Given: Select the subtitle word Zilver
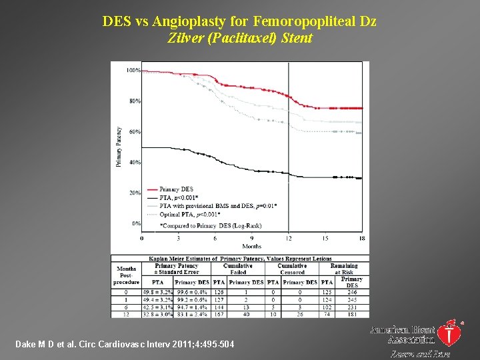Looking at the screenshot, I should coord(183,38).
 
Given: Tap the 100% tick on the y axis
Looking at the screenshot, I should coord(133,71).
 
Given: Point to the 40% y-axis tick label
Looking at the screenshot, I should coord(134,163).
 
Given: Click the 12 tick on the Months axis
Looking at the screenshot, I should coord(289,238).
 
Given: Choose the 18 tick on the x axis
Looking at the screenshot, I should coord(361,238).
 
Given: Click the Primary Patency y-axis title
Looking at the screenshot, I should coord(119,147).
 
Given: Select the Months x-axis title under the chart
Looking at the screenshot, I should coord(252,246).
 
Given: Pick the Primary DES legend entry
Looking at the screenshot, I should coord(177,189).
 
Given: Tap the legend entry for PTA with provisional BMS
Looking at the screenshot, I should coord(209,205).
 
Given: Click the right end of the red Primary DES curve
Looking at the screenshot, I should coord(361,108).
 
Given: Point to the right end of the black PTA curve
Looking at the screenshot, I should coord(361,178).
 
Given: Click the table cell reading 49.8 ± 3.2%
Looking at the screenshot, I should coord(157,292).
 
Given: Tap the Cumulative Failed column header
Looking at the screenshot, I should coord(238,269).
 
